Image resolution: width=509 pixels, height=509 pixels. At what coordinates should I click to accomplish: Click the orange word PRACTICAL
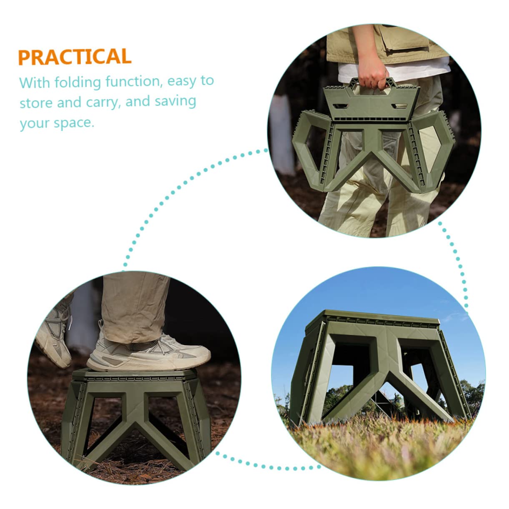(75, 57)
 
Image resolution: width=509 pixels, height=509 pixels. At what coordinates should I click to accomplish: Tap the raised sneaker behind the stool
(54, 338)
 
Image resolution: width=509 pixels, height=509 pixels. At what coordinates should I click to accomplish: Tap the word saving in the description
(175, 102)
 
